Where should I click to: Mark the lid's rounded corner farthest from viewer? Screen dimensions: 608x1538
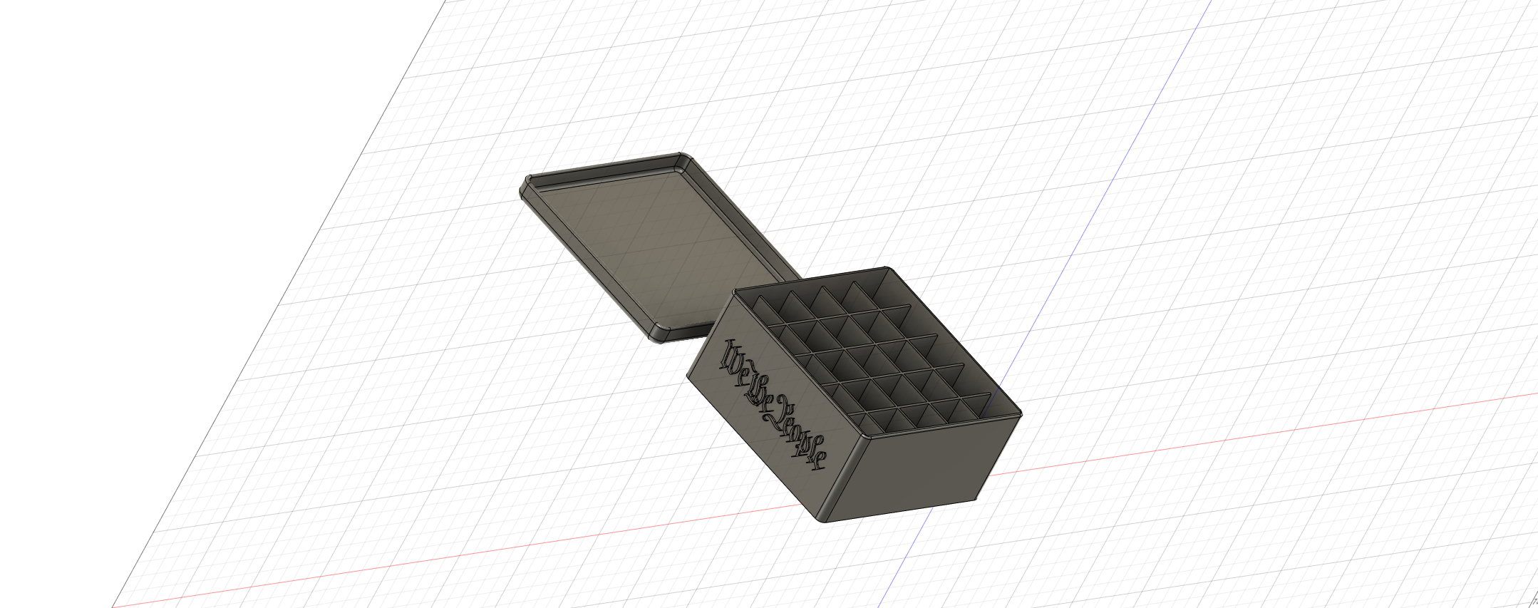click(x=683, y=158)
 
